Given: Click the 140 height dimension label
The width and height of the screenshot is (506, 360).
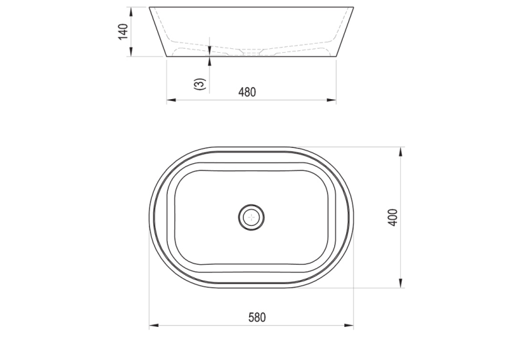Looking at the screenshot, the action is [x=124, y=32].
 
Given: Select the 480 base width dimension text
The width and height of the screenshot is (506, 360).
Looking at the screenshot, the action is [x=247, y=92].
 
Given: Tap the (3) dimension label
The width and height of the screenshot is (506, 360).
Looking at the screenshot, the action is [x=199, y=84].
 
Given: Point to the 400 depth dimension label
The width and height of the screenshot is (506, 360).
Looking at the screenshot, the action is [x=392, y=218].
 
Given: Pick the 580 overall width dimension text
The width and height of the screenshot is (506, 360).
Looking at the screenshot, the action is [x=257, y=318].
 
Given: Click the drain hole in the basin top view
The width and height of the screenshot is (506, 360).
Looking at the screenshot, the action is [x=252, y=217].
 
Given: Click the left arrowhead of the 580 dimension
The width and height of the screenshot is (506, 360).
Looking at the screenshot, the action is [x=154, y=326].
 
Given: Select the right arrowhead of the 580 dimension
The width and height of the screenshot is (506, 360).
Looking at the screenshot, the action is [x=349, y=326].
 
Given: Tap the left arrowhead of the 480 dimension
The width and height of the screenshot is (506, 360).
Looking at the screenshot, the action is [x=171, y=100].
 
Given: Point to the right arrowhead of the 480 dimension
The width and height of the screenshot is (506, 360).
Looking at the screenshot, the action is [x=332, y=100].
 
